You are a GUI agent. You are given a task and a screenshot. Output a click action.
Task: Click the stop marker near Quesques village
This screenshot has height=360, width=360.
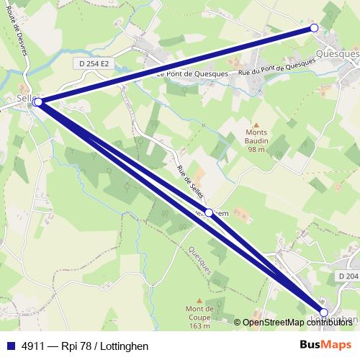click(x=314, y=28)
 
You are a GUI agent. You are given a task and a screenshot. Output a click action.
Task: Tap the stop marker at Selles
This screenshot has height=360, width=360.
click(x=37, y=102)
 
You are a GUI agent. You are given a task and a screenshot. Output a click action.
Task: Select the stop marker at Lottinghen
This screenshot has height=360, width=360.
click(x=324, y=312)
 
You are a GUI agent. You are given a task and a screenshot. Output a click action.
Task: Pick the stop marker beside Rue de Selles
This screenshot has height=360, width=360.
click(x=209, y=212)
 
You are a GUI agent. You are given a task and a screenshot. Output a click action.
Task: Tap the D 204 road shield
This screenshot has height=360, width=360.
click(x=346, y=276)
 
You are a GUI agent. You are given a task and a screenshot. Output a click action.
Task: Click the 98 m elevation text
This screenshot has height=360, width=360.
click(x=256, y=149)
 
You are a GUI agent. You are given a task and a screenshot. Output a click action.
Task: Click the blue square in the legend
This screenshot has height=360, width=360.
click(x=9, y=346)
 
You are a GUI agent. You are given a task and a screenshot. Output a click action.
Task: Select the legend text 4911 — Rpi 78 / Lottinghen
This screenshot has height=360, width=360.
click(x=85, y=346)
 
